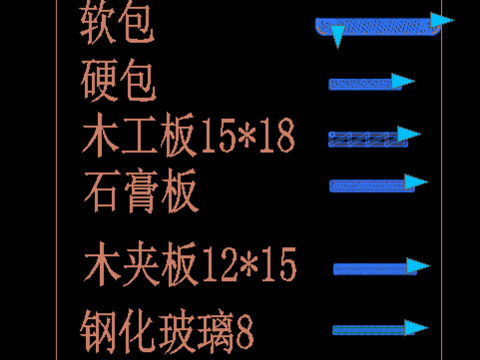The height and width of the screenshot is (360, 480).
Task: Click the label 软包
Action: click(x=118, y=27)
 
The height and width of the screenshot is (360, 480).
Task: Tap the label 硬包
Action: click(x=118, y=82)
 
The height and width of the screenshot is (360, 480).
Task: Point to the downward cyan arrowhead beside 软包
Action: click(x=337, y=37)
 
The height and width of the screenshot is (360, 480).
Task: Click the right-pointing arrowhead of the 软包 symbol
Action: click(x=442, y=20)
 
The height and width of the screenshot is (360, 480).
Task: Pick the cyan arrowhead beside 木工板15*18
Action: click(x=409, y=134)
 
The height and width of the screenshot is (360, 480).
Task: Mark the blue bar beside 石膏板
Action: click(x=366, y=185)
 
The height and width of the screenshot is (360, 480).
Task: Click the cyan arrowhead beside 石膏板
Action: click(x=417, y=183)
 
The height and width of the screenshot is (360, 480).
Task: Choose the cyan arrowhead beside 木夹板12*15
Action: click(x=417, y=267)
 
